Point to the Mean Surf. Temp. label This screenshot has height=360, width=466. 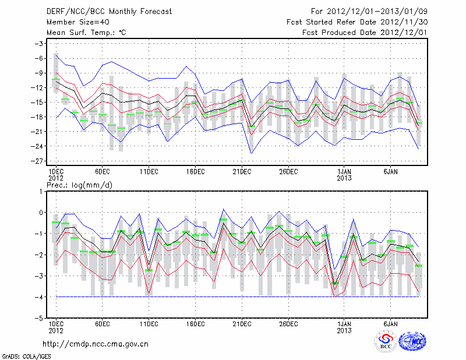coord(86,32)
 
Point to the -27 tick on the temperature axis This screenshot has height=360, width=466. coord(38,161)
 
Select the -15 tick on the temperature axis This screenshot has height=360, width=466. coord(38,103)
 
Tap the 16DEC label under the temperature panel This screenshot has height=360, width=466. coord(195,172)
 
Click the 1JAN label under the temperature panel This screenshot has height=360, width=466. coord(344,172)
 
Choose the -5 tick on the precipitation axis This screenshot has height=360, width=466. coord(40,319)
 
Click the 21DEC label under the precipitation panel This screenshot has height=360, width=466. coord(242,323)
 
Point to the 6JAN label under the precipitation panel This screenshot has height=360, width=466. coord(390,323)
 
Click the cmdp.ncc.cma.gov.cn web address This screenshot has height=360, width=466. coord(96,344)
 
